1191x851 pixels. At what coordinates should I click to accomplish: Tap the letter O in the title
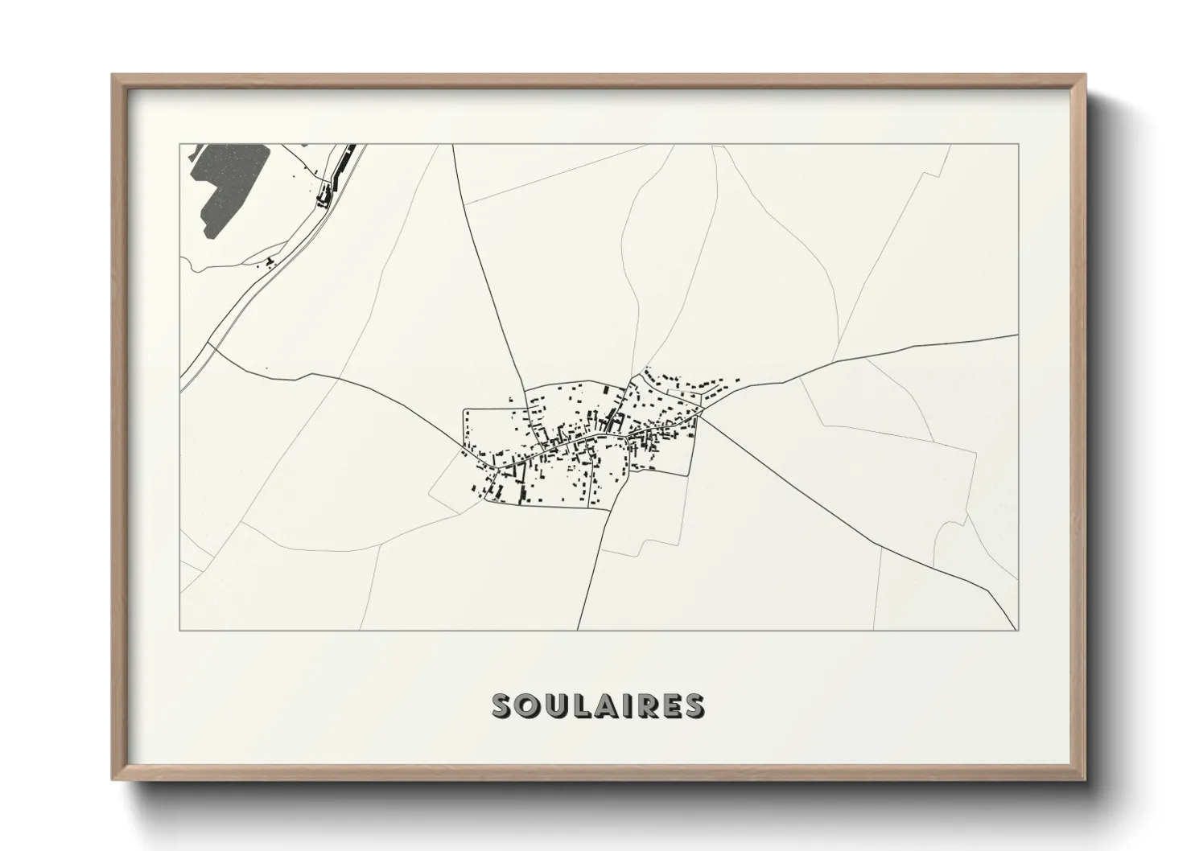tap(527, 705)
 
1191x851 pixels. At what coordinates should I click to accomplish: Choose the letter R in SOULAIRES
tap(641, 705)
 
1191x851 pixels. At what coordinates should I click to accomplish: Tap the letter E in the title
tap(668, 705)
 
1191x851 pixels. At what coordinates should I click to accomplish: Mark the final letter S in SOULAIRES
tap(692, 705)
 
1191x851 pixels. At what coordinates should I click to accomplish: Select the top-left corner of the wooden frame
tap(113, 76)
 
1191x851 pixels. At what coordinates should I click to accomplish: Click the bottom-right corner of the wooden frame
tap(1085, 779)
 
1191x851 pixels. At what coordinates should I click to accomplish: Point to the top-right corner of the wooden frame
tap(1085, 76)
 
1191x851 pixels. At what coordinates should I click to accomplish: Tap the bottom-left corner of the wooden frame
tap(113, 779)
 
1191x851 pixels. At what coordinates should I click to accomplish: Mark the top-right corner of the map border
tap(1018, 144)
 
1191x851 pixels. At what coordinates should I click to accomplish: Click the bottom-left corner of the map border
tap(180, 630)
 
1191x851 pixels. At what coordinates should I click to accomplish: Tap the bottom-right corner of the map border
tap(1018, 630)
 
